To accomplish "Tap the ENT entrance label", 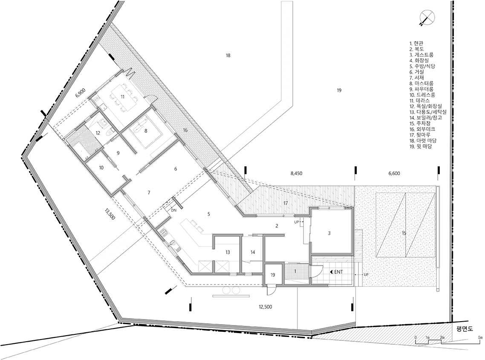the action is click(337, 272).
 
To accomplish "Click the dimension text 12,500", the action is click(265, 307).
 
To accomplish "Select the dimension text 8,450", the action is click(296, 173).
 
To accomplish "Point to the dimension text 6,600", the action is click(394, 173).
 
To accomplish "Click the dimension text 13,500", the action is click(110, 214).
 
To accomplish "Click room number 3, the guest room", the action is click(329, 233).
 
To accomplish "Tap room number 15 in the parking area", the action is click(404, 233).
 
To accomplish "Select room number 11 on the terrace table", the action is click(122, 97).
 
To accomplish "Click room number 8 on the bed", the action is click(146, 131).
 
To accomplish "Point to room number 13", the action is click(228, 252).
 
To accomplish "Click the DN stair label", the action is click(173, 210).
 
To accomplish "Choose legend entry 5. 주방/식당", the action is click(422, 66).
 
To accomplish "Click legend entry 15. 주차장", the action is click(420, 123).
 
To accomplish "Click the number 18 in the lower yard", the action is click(228, 55).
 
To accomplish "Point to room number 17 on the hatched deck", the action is click(286, 203).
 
